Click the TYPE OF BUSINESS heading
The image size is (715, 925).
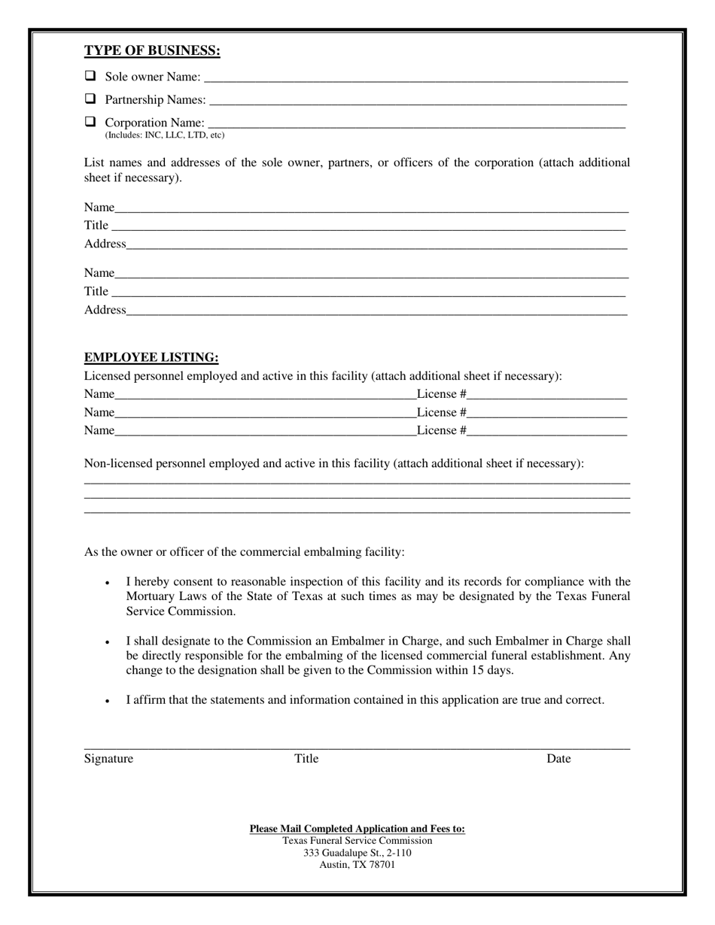click(152, 51)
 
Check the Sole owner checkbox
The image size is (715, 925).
click(90, 76)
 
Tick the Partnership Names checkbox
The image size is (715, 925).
click(90, 99)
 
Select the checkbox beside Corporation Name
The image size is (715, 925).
click(90, 121)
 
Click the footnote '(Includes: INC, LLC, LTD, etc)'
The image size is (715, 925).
click(164, 135)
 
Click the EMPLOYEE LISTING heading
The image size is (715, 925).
click(151, 357)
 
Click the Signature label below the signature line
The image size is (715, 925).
click(108, 758)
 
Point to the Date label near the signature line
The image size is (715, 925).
click(558, 758)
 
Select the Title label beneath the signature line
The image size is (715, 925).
click(306, 758)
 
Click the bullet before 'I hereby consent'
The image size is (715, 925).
click(108, 583)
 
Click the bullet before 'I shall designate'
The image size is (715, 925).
click(108, 642)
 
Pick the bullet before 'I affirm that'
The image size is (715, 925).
click(108, 701)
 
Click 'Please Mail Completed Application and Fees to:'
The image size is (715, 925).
click(357, 829)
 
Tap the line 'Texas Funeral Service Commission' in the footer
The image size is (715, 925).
click(357, 841)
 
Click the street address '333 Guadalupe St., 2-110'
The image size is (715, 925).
click(357, 853)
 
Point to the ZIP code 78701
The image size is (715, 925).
click(380, 865)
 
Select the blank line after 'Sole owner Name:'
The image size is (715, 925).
click(415, 78)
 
